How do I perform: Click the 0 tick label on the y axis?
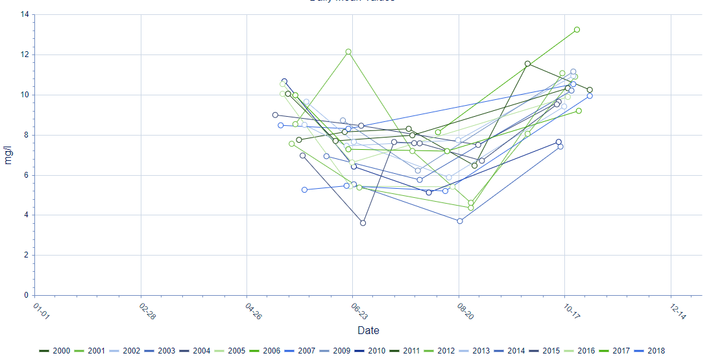click(26, 295)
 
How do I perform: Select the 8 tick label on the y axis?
click(26, 135)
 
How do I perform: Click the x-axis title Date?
click(368, 331)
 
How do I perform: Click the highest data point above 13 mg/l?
click(577, 30)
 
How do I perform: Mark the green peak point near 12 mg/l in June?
click(348, 52)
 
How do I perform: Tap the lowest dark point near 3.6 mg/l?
click(363, 222)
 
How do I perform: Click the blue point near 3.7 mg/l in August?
click(460, 221)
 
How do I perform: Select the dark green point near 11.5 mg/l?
click(527, 64)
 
